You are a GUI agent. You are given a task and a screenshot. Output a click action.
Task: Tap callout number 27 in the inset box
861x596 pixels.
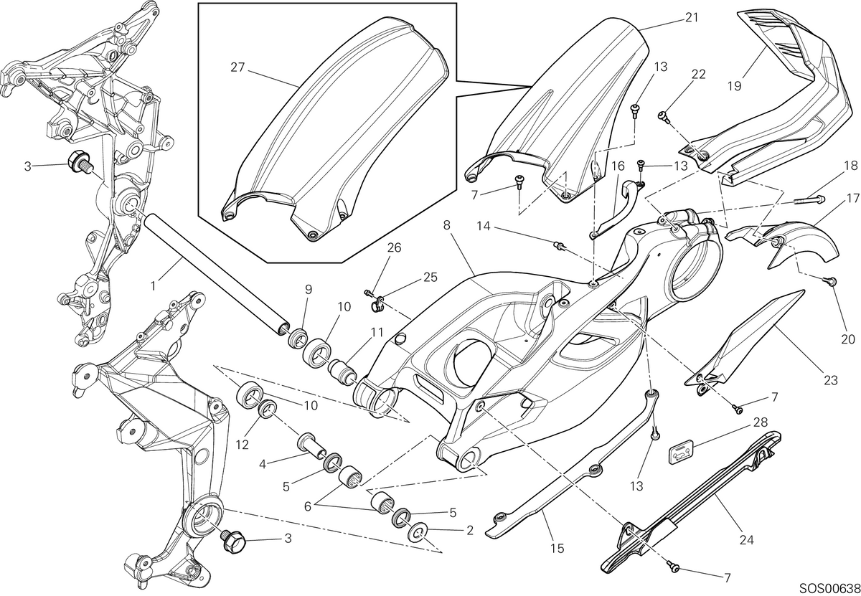pyautogui.click(x=237, y=67)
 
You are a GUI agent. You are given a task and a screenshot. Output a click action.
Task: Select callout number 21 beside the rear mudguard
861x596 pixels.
pyautogui.click(x=692, y=18)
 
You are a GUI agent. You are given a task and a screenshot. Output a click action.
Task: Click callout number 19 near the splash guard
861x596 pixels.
pyautogui.click(x=735, y=86)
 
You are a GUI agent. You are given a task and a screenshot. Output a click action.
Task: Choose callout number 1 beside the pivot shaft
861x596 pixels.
pyautogui.click(x=154, y=286)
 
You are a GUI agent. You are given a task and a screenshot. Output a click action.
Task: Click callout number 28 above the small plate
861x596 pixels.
pyautogui.click(x=761, y=422)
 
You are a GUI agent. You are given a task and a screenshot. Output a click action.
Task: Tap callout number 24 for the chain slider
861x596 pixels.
pyautogui.click(x=747, y=540)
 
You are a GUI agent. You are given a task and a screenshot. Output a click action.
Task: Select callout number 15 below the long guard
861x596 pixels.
pyautogui.click(x=557, y=549)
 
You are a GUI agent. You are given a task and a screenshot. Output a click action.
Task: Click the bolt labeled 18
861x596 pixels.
pyautogui.click(x=809, y=201)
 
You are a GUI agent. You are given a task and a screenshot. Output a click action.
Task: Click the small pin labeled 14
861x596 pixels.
pyautogui.click(x=559, y=245)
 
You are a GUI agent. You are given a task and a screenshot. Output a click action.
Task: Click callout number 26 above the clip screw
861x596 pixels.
pyautogui.click(x=394, y=248)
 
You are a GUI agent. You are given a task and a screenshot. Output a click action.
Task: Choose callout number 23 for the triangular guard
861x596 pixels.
pyautogui.click(x=831, y=380)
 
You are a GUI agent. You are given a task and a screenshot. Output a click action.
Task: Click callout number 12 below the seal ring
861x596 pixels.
pyautogui.click(x=243, y=445)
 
